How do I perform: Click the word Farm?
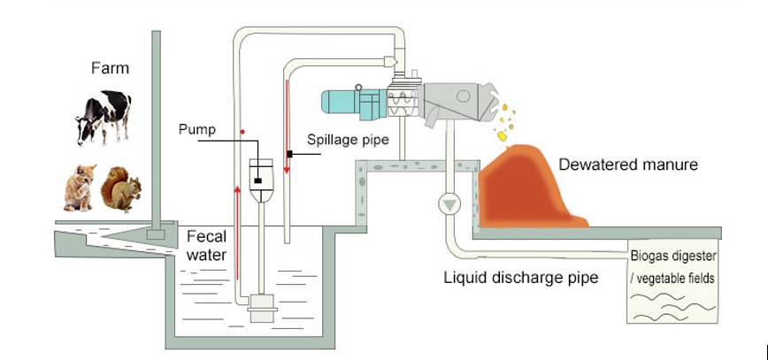coord(110,67)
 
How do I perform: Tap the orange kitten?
coord(80,188)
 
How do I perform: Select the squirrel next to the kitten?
coord(121,188)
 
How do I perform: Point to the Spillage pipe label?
coord(345,140)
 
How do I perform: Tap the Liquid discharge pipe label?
coord(520,278)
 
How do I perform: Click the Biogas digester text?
coord(673,257)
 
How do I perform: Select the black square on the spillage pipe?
coord(288,155)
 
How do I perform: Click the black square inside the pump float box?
coord(257,181)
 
